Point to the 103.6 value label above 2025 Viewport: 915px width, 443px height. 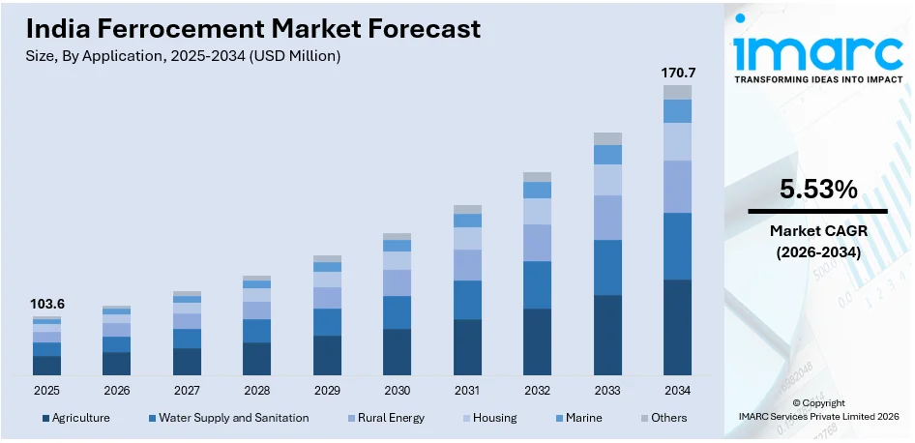pos(46,304)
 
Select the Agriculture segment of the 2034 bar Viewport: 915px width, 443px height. pos(677,327)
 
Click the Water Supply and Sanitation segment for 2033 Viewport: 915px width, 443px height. pos(607,267)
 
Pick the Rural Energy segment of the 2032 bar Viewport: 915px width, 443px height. pos(537,243)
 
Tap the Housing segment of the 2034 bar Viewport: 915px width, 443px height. pos(677,141)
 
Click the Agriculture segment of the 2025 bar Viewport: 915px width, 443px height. pos(46,365)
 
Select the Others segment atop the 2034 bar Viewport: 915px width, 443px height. pos(677,92)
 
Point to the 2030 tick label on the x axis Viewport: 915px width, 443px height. pos(397,390)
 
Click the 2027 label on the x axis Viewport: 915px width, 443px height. pos(187,390)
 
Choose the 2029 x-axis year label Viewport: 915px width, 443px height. pos(327,390)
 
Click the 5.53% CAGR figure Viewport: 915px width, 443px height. pos(817,191)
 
